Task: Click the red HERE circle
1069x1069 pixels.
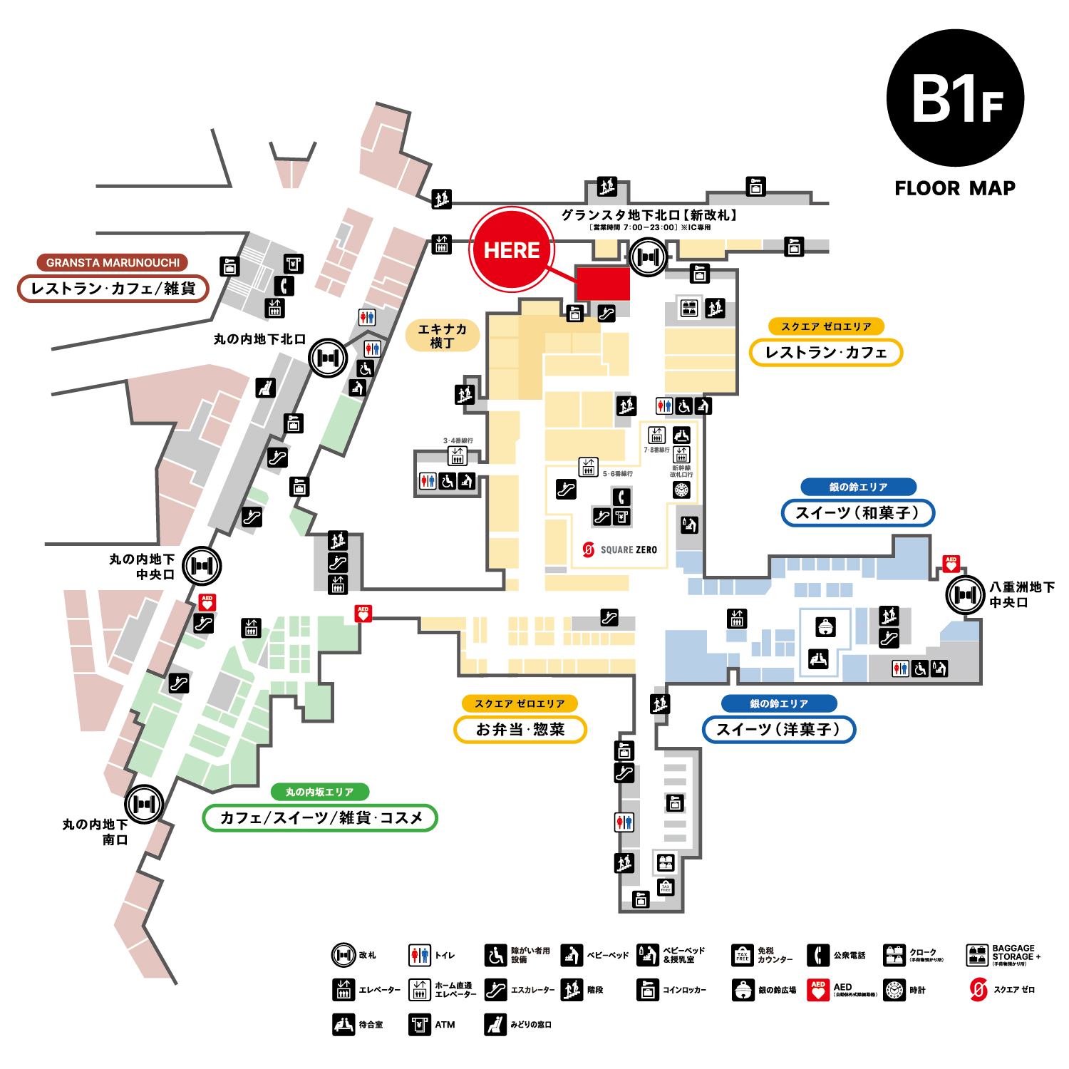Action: pyautogui.click(x=511, y=249)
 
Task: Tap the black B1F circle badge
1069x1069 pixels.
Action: pyautogui.click(x=955, y=98)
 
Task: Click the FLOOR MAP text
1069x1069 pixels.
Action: pyautogui.click(x=955, y=188)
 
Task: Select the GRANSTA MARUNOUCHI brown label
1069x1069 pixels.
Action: pyautogui.click(x=113, y=262)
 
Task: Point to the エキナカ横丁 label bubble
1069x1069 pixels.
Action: pyautogui.click(x=442, y=336)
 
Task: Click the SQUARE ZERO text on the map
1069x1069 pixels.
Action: pyautogui.click(x=628, y=549)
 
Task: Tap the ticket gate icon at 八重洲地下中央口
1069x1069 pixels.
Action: pyautogui.click(x=965, y=594)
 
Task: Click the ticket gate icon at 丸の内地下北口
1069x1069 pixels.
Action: pyautogui.click(x=328, y=358)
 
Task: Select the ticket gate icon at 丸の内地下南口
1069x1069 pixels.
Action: pyautogui.click(x=144, y=804)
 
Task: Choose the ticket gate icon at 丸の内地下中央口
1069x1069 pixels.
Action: pyautogui.click(x=202, y=566)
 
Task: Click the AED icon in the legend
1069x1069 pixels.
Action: pyautogui.click(x=818, y=990)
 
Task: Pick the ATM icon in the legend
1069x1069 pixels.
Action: pyautogui.click(x=420, y=1024)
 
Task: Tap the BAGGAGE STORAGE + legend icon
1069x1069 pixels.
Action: pyautogui.click(x=977, y=955)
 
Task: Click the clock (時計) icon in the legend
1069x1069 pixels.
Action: pyautogui.click(x=894, y=990)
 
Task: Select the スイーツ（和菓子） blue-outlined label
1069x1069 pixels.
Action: pyautogui.click(x=857, y=513)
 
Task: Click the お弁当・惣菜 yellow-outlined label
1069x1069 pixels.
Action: pyautogui.click(x=520, y=729)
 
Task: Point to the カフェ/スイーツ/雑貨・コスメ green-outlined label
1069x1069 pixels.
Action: pyautogui.click(x=320, y=817)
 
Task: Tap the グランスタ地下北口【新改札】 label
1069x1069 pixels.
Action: pyautogui.click(x=649, y=215)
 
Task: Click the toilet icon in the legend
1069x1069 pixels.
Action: pyautogui.click(x=420, y=955)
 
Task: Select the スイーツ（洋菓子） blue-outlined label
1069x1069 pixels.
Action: pyautogui.click(x=778, y=729)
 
